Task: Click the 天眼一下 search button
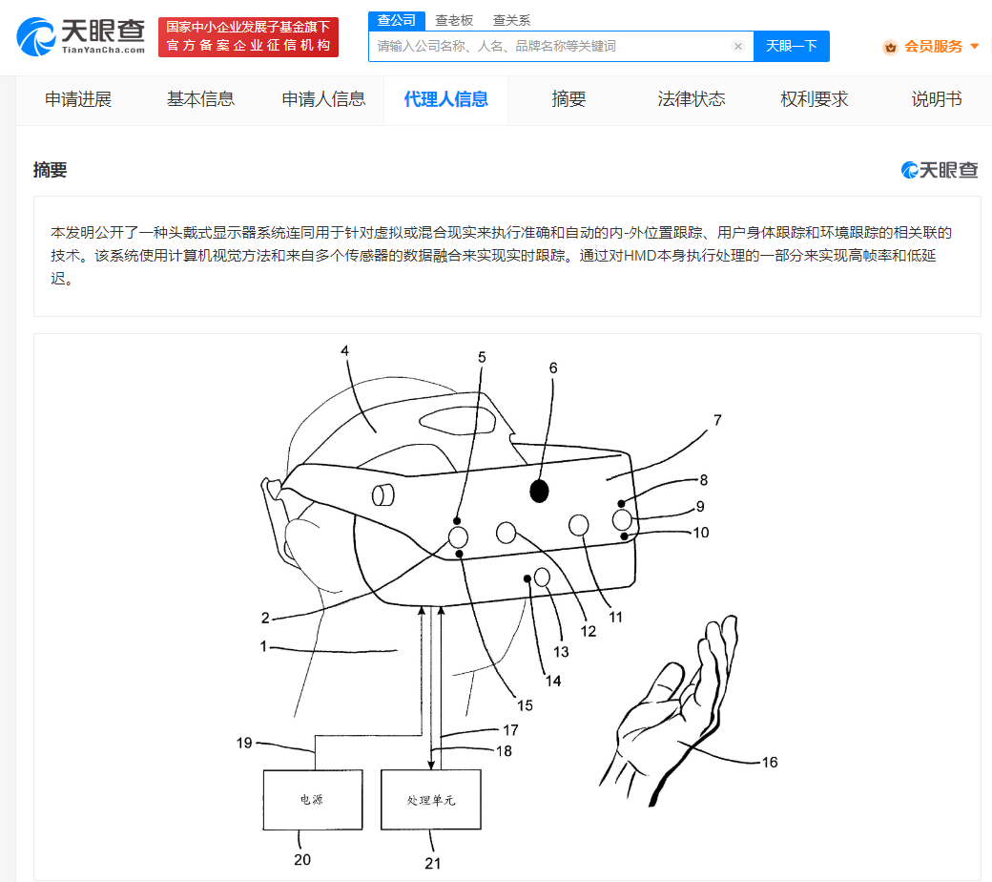[792, 46]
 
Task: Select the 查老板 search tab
[454, 20]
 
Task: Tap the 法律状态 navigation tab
[691, 99]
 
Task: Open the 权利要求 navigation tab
[814, 99]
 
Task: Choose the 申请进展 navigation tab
[78, 99]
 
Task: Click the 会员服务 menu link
[933, 46]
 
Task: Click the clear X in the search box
[737, 46]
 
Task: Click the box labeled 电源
[313, 800]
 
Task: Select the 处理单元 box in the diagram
[431, 800]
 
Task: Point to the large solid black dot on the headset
[539, 491]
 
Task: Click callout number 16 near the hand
[770, 763]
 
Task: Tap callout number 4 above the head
[344, 350]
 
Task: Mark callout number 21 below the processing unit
[433, 863]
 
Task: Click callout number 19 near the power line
[244, 743]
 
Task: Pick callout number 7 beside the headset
[717, 420]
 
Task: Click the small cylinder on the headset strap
[382, 495]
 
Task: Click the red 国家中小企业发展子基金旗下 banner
[248, 36]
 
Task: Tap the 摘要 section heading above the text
[50, 170]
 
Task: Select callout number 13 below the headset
[561, 652]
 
